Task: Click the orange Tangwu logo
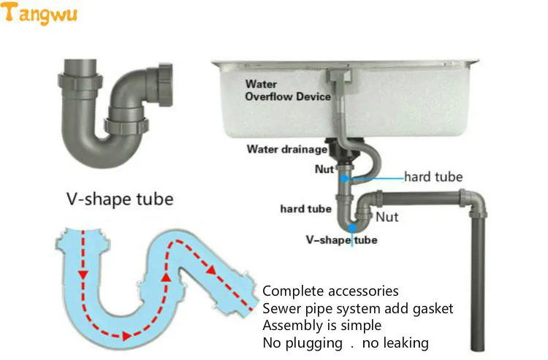(41, 13)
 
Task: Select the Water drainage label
(287, 150)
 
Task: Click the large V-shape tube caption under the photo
(119, 198)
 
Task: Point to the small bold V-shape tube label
(342, 240)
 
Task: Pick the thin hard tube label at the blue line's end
(433, 177)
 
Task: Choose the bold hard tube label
(305, 209)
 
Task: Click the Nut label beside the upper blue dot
(324, 169)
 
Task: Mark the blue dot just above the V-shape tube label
(352, 228)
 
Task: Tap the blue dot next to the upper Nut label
(343, 177)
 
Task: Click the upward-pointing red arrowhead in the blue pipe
(167, 278)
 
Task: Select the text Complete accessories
(330, 291)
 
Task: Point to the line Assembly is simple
(321, 325)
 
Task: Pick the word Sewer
(280, 308)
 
